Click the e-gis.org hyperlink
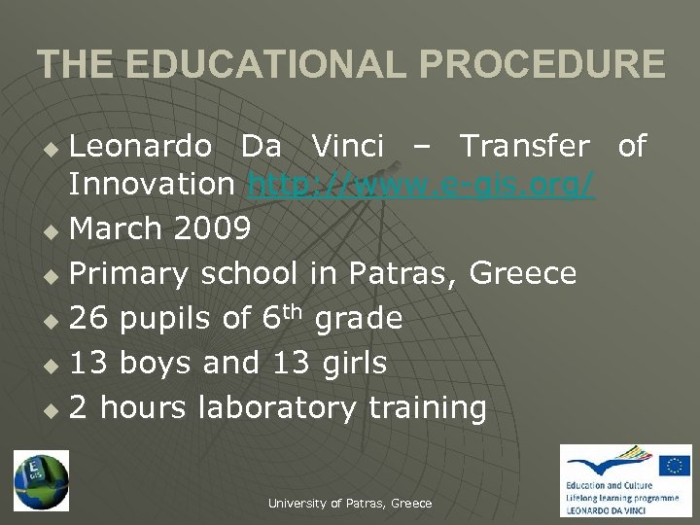421,183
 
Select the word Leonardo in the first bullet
140,146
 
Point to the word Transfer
524,146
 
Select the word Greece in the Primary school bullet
523,273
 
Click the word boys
162,363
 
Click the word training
427,407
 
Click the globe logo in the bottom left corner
41,480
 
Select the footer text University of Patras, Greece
350,503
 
